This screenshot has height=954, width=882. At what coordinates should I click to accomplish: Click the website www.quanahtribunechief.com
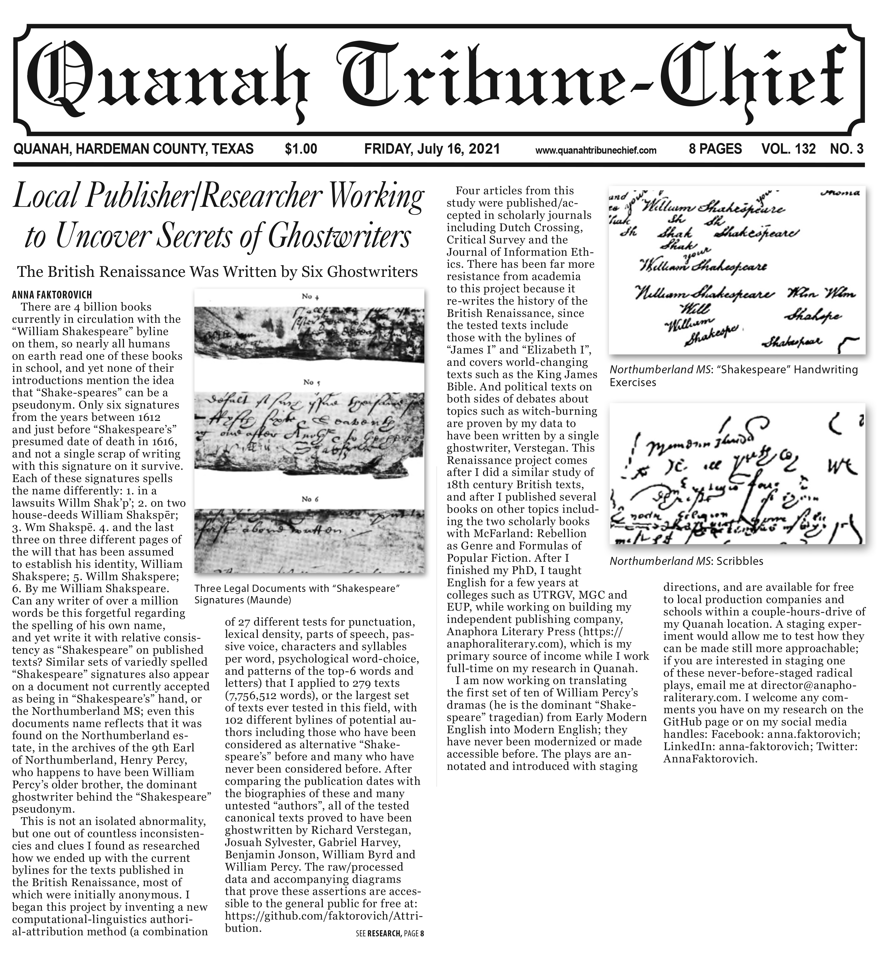coord(596,150)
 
